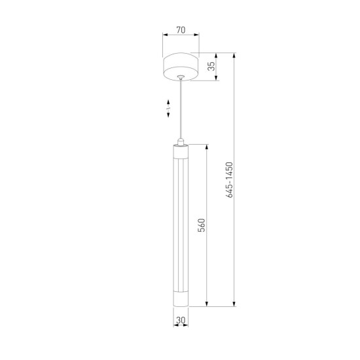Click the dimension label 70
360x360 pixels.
click(x=181, y=30)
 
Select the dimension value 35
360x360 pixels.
click(x=211, y=66)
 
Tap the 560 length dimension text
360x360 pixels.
click(x=202, y=225)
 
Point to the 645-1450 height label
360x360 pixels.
click(x=229, y=179)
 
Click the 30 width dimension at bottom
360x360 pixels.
click(x=181, y=320)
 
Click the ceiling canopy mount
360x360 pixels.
click(x=181, y=67)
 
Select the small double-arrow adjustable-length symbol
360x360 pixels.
click(x=168, y=109)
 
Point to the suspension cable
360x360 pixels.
click(x=181, y=109)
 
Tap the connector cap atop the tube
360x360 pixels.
click(x=181, y=142)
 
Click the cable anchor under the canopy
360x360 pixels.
click(x=181, y=77)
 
